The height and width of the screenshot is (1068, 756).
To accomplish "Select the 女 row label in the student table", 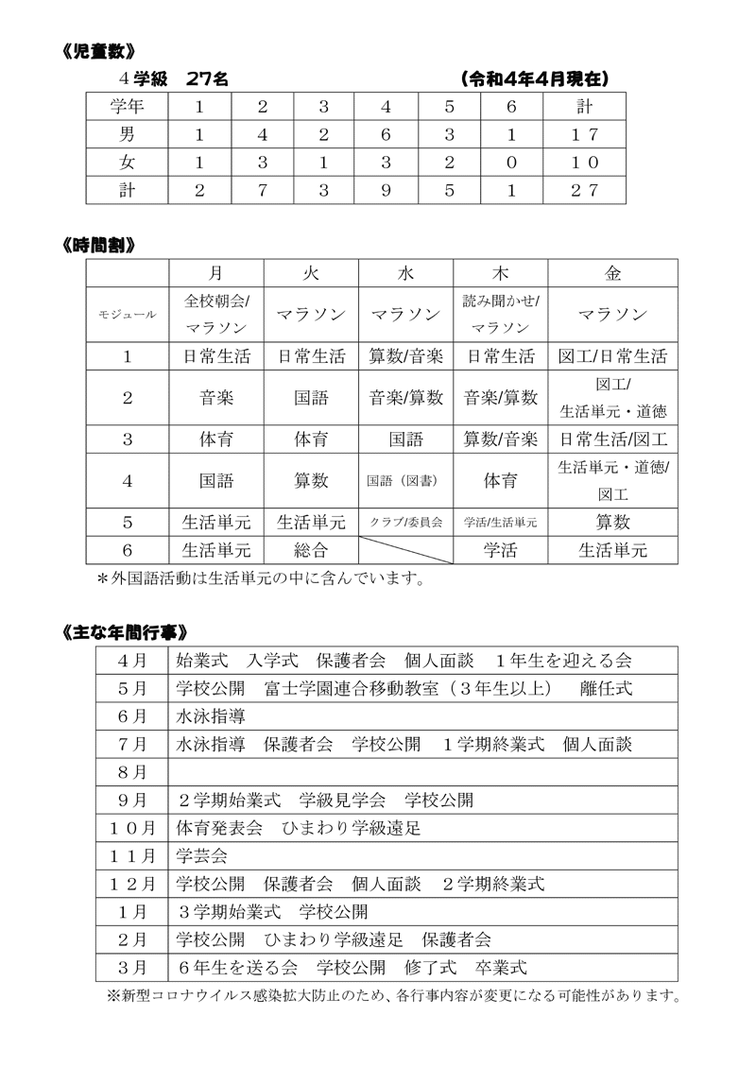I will point(127,162).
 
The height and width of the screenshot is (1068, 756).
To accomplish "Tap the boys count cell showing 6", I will point(386,134).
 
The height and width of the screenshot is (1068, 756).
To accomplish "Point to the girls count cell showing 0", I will point(511,162).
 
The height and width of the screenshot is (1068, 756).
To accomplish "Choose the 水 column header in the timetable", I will point(406,273).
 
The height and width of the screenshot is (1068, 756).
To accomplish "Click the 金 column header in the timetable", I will point(613,273).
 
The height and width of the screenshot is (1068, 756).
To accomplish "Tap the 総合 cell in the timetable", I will point(311,549).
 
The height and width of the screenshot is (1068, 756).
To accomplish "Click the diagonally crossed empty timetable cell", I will point(406,549).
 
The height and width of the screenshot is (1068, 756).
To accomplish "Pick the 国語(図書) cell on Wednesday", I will point(406,480).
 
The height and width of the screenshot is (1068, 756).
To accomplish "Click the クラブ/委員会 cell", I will point(406,522).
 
